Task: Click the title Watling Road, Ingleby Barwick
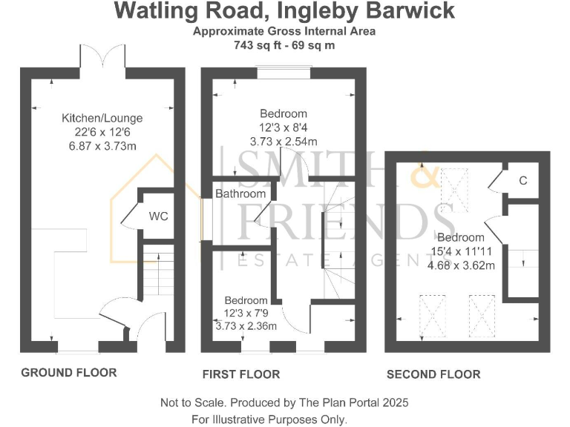[284, 12]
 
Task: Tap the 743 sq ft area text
[284, 44]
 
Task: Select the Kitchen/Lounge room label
[102, 118]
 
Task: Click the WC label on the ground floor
[159, 216]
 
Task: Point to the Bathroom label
[240, 194]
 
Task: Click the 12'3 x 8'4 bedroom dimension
[283, 128]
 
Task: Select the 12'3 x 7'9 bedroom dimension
[246, 313]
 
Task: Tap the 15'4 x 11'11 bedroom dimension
[461, 251]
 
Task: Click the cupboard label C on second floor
[523, 180]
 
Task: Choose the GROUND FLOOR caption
[68, 372]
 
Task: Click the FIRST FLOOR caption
[241, 374]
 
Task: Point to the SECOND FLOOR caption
[433, 374]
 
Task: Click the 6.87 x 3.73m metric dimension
[102, 146]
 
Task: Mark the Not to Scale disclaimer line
[284, 403]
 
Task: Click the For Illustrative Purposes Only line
[269, 419]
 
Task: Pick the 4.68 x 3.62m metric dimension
[461, 264]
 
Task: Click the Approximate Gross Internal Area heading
[284, 31]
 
